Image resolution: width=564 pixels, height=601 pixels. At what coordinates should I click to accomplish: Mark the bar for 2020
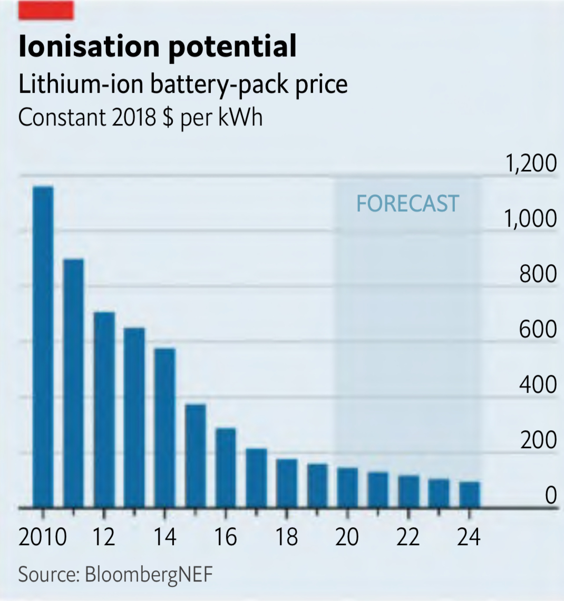(x=348, y=488)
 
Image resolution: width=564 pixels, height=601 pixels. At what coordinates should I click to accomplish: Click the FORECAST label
(x=407, y=203)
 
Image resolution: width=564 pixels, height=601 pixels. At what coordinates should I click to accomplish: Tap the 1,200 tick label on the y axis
(x=531, y=163)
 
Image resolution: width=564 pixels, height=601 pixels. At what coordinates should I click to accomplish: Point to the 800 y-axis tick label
(x=538, y=274)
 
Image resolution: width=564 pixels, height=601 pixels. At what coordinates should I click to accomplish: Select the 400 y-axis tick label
(x=538, y=385)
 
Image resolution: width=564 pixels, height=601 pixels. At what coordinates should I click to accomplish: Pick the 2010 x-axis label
(x=43, y=537)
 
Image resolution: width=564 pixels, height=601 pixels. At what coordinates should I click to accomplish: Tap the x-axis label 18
(x=287, y=537)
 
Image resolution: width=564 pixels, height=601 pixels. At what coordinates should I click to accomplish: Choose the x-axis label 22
(x=409, y=537)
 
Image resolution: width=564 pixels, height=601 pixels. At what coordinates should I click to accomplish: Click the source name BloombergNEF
(x=149, y=574)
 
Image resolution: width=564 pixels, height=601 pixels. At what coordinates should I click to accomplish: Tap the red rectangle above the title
(x=46, y=10)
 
